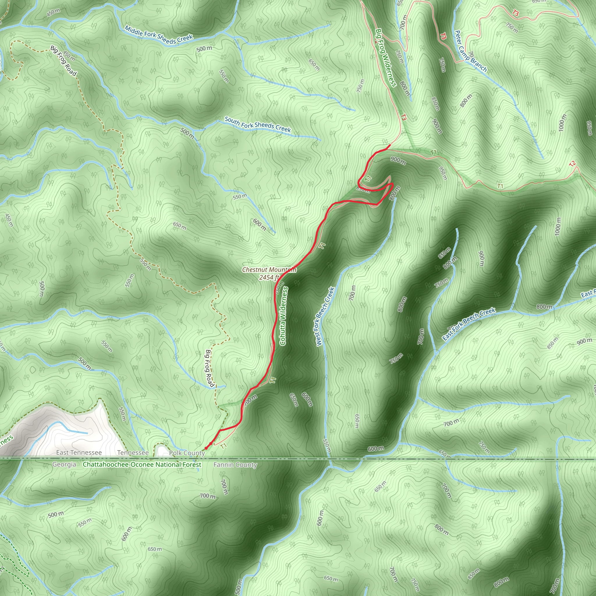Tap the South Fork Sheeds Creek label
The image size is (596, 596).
(258, 124)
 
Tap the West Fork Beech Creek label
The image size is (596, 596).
(325, 317)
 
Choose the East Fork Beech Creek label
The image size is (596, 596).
(469, 324)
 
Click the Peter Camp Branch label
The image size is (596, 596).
(471, 51)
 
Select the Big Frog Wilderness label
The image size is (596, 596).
(386, 58)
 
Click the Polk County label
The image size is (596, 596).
(187, 453)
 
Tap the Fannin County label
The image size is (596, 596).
(235, 464)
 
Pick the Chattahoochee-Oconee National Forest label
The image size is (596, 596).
(142, 464)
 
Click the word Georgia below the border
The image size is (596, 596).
(64, 464)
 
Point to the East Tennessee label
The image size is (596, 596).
(79, 453)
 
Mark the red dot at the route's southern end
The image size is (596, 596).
(206, 448)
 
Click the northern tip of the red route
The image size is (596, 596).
(390, 145)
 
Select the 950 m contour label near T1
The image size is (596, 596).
(443, 173)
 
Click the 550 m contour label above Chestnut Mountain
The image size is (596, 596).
(240, 196)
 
